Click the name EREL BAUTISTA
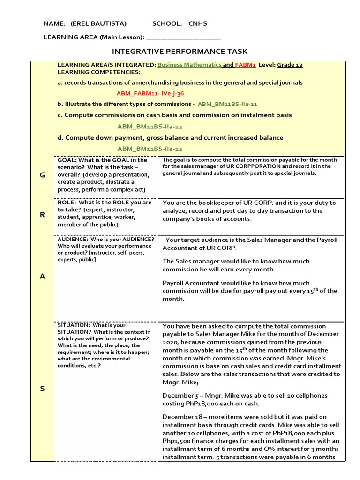pyautogui.click(x=98, y=23)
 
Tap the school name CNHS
pyautogui.click(x=197, y=23)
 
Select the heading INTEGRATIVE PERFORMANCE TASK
pyautogui.click(x=180, y=51)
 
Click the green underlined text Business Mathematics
pyautogui.click(x=189, y=65)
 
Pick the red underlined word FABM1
pyautogui.click(x=245, y=65)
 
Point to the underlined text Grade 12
pyautogui.click(x=290, y=65)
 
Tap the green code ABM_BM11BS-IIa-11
pyautogui.click(x=227, y=105)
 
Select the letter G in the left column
pyautogui.click(x=42, y=175)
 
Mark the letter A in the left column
pyautogui.click(x=42, y=276)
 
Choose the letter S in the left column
pyautogui.click(x=42, y=389)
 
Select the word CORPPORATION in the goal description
pyautogui.click(x=260, y=166)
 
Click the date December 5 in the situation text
pyautogui.click(x=180, y=395)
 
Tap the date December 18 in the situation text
pyautogui.click(x=182, y=417)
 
